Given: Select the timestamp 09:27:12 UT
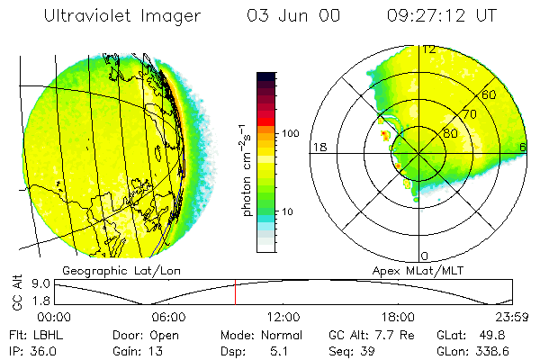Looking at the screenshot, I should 441,16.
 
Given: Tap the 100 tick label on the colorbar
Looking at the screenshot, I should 290,133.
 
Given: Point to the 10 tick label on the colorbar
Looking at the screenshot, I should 288,212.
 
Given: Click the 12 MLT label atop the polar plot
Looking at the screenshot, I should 429,49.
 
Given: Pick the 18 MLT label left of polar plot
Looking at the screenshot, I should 319,147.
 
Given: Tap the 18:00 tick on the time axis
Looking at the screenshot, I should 398,317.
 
